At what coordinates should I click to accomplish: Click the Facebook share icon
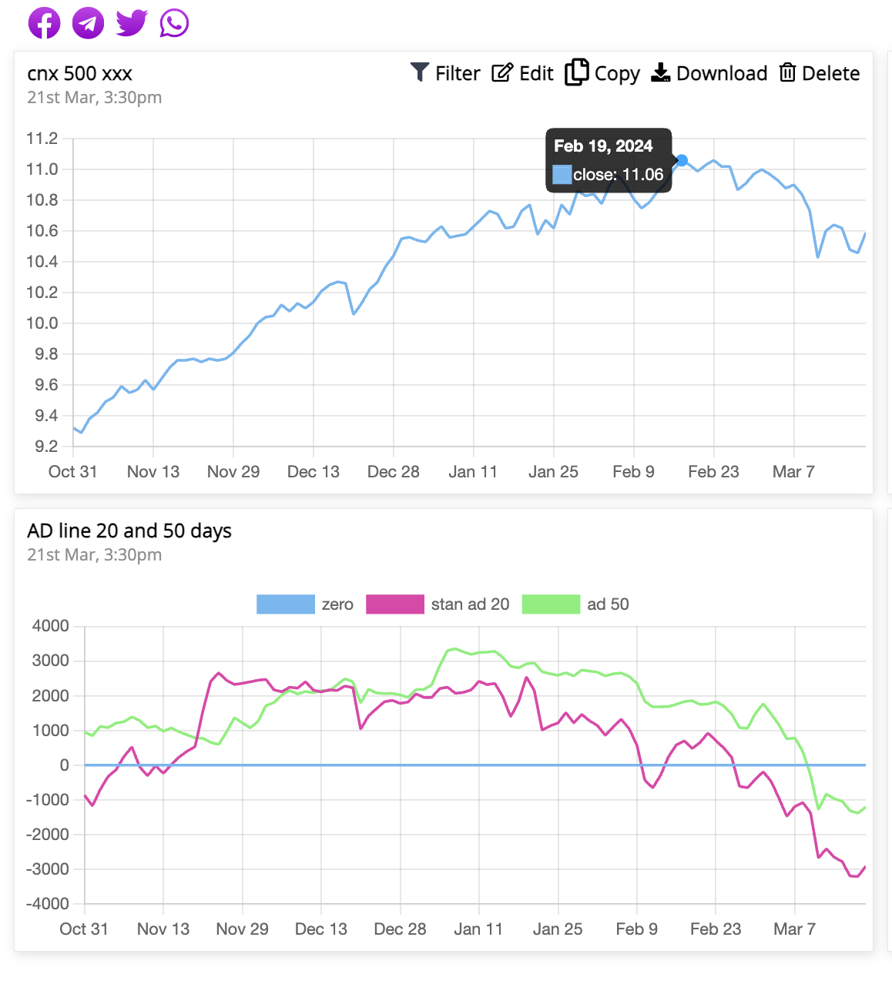(45, 23)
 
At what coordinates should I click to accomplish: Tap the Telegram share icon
(88, 23)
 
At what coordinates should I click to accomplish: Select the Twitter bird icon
(132, 23)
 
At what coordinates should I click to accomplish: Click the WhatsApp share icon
(174, 23)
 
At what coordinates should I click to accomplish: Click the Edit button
(523, 73)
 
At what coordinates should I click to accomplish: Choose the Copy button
(602, 73)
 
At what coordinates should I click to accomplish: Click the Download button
(709, 73)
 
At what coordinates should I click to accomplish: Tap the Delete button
(820, 73)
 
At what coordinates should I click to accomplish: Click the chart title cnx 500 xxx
(80, 74)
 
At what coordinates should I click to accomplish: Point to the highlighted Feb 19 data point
(682, 161)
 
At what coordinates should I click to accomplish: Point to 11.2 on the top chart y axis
(42, 139)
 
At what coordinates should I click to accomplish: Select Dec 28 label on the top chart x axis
(393, 472)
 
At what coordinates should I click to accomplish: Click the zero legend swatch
(286, 604)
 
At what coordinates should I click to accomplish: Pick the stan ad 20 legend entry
(438, 604)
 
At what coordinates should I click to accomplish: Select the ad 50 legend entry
(575, 604)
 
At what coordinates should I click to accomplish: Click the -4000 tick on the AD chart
(48, 904)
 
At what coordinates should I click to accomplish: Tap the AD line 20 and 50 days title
(129, 531)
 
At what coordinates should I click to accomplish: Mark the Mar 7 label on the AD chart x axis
(794, 929)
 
